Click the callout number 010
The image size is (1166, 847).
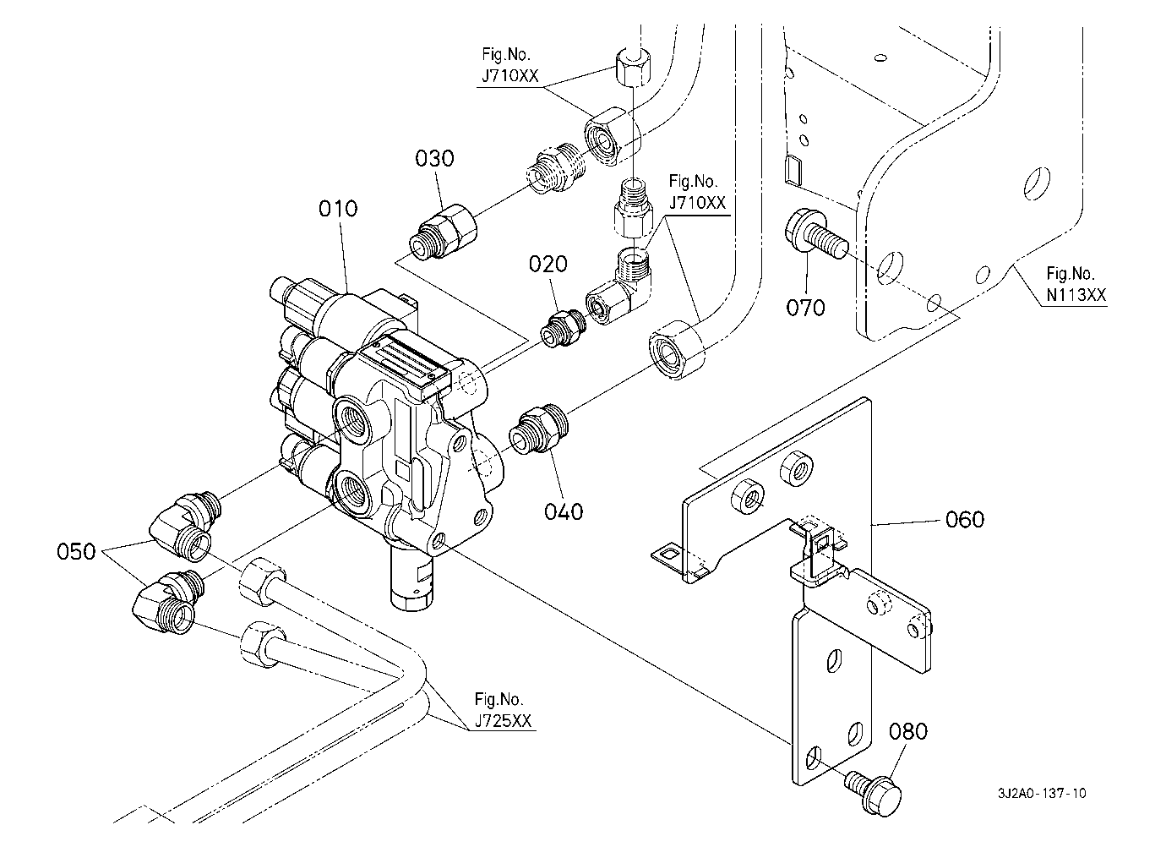338,209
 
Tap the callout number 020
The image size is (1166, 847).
548,264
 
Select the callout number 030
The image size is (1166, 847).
434,158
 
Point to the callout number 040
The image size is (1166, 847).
564,512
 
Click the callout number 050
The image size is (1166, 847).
77,552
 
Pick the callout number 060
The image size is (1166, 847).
965,519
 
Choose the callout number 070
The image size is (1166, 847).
806,308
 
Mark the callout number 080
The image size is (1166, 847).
908,732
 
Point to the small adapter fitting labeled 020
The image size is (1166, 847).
563,329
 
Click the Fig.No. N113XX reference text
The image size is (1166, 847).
1076,284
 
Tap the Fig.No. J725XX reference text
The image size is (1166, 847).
504,709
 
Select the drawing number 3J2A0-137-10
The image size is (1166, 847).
1042,794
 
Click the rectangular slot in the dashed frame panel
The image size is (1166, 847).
792,170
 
